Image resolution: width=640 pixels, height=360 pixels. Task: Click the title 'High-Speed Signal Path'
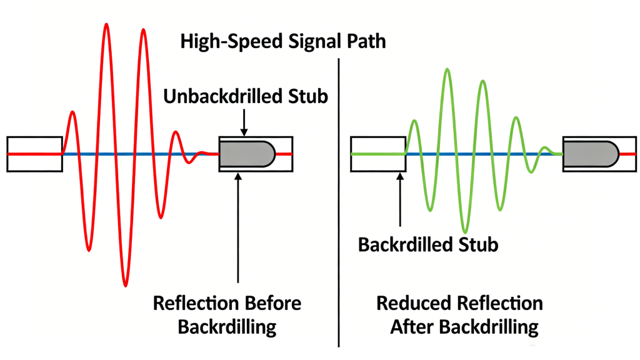click(x=282, y=42)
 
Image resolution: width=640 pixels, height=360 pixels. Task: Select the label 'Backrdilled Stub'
click(x=428, y=244)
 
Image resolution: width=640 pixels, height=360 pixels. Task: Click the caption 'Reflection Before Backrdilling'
click(x=227, y=315)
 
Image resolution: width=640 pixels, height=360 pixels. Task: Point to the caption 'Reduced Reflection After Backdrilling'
click(x=459, y=315)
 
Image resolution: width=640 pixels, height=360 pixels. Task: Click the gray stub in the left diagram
click(x=246, y=153)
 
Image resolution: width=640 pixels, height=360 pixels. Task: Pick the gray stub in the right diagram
click(x=590, y=153)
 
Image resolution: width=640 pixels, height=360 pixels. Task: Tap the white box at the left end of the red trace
click(x=34, y=153)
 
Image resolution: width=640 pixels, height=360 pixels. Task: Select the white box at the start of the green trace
click(x=377, y=153)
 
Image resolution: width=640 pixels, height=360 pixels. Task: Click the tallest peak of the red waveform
click(x=107, y=26)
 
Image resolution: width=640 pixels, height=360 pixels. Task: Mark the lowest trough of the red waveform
click(x=126, y=284)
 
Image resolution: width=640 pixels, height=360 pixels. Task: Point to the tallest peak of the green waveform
click(x=446, y=70)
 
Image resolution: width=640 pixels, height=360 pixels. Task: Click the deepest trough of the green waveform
click(x=464, y=231)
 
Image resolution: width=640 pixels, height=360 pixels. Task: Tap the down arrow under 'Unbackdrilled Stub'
click(x=244, y=122)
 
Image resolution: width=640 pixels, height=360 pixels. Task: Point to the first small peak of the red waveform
click(x=72, y=113)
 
